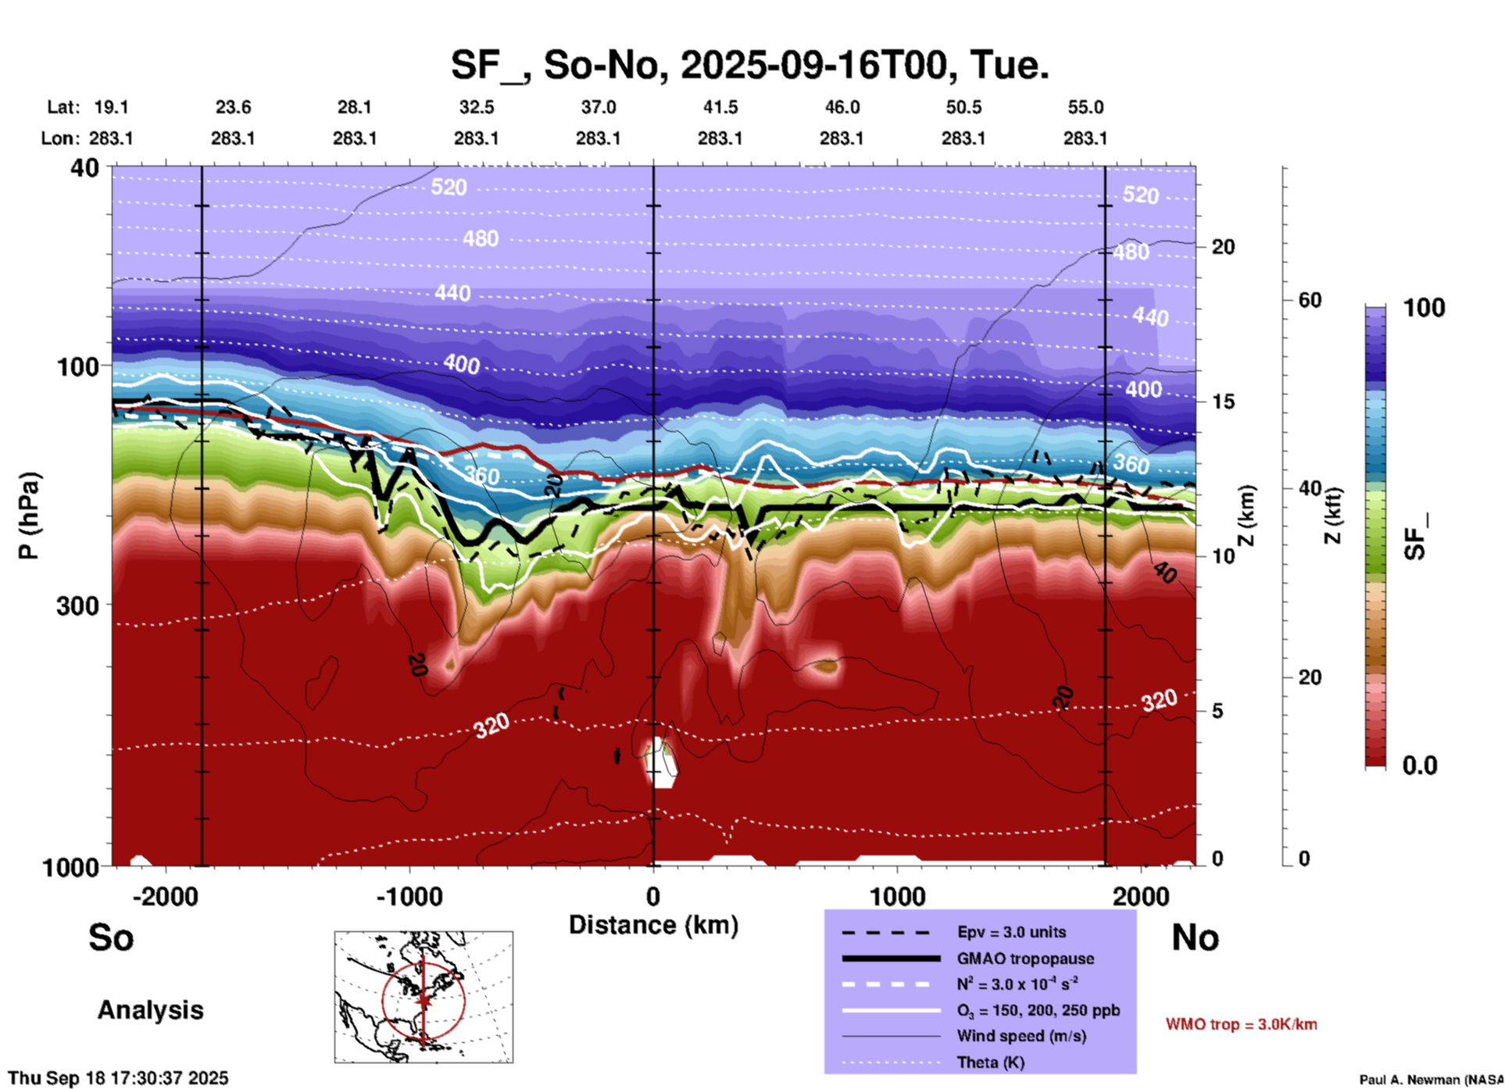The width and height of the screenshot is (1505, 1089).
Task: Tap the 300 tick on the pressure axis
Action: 77,605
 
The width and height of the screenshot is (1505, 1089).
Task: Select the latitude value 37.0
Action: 598,107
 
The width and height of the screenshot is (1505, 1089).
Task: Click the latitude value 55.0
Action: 1085,107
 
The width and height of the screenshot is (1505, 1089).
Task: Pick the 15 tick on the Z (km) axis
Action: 1223,402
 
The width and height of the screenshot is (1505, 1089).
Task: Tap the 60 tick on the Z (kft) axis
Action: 1310,300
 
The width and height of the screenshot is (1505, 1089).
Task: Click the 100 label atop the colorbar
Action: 1424,308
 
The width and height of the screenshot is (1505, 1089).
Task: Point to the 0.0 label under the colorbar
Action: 1419,766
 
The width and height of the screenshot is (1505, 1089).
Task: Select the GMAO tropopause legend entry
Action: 1024,959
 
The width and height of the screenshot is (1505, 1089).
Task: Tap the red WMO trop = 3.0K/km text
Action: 1241,1024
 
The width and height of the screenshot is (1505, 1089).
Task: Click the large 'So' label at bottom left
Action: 111,937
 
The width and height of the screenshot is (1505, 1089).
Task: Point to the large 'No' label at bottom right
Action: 1195,937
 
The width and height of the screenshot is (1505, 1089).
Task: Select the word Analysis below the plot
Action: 150,1010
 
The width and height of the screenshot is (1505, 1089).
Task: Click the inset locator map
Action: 424,997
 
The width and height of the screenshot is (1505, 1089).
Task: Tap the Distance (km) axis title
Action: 653,925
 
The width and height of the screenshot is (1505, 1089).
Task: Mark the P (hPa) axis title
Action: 29,516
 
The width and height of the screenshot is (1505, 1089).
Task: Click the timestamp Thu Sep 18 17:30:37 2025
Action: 118,1078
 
